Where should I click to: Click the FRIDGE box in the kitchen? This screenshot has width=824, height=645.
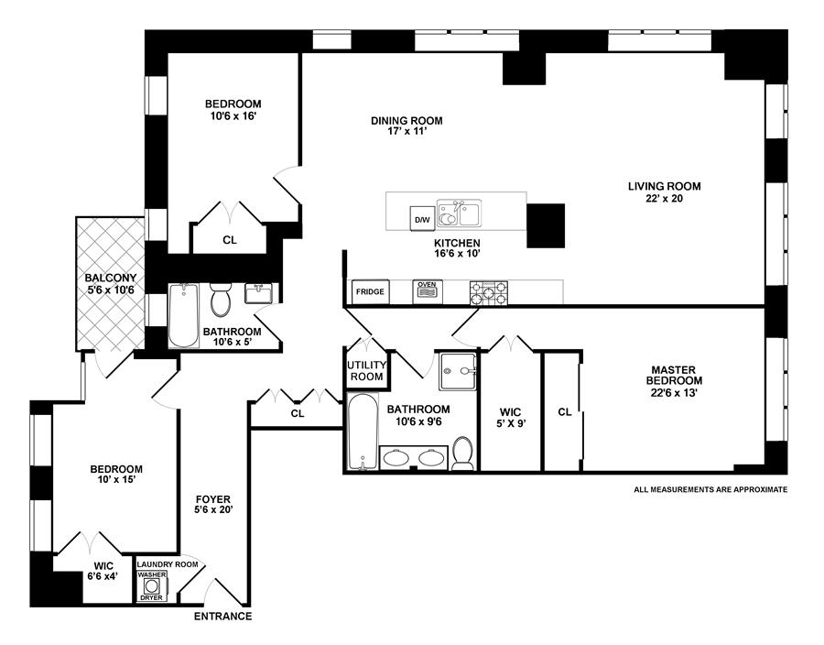pos(370,291)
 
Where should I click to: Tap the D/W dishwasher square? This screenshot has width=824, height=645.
pos(421,219)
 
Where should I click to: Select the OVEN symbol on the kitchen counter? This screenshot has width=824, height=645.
pos(428,291)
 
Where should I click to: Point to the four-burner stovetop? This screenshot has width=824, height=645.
pos(489,293)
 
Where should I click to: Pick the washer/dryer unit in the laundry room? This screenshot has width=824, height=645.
pos(152,586)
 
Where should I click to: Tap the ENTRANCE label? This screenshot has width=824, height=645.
pos(222,616)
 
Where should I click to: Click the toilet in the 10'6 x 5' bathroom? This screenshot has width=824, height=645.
pos(220,299)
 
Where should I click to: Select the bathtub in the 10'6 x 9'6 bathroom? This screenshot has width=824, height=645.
pos(363,432)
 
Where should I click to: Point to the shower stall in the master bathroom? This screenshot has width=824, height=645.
pos(458,371)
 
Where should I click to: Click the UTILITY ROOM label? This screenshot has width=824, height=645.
pos(366,370)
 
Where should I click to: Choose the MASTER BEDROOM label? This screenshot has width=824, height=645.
pos(674,376)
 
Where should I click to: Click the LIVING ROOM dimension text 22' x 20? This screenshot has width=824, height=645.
pos(665,199)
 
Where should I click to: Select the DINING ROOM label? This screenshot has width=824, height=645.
pos(407,120)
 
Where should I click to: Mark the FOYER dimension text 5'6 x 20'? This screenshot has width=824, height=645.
pos(212,510)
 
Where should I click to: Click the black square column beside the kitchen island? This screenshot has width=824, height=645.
pos(546,225)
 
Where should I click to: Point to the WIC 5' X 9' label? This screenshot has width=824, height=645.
pos(510,418)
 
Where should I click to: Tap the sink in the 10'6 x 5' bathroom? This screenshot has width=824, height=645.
pos(258,293)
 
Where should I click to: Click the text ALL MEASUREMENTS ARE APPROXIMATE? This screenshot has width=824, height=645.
pos(710,489)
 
